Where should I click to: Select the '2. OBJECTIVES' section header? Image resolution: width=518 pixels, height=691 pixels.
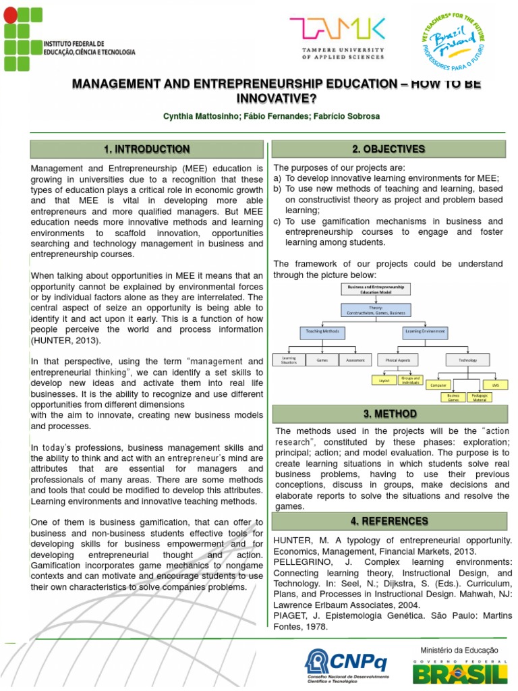388,149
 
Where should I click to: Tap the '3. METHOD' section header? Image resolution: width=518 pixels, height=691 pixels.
388,414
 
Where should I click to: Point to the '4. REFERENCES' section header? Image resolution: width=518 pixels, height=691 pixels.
388,521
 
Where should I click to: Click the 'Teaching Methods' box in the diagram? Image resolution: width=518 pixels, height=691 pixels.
322,332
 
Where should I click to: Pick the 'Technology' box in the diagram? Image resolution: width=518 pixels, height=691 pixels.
467,360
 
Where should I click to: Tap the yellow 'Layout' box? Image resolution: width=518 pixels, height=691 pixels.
384,381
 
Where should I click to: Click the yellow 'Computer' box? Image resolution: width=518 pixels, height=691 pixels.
438,384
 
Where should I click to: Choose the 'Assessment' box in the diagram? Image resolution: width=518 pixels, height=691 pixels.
355,360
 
